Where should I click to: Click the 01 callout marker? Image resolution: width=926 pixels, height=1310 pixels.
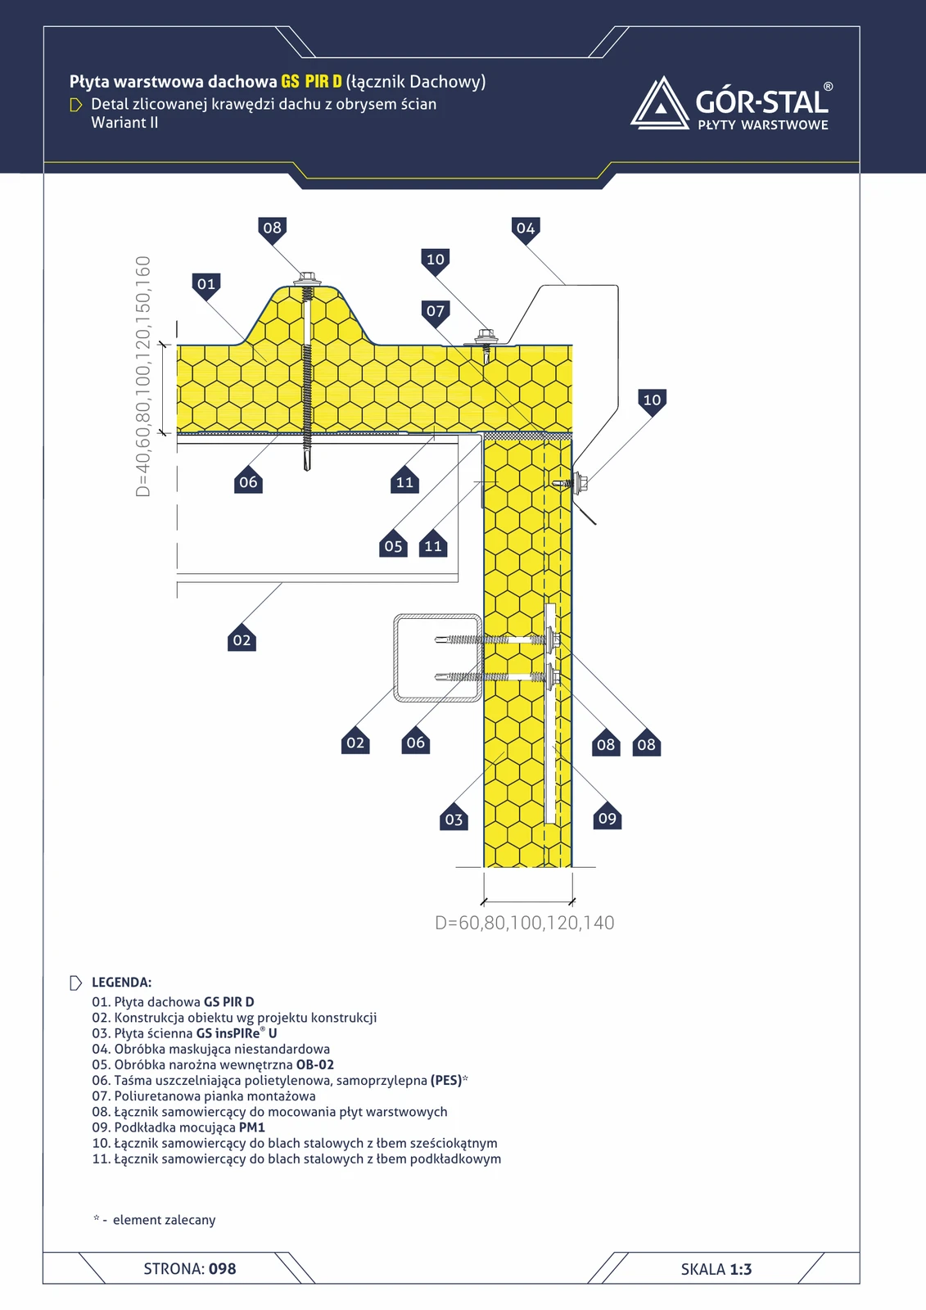tap(206, 286)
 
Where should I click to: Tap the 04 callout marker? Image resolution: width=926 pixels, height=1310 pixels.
tap(526, 229)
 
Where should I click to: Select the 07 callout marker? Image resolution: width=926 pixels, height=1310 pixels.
tap(436, 312)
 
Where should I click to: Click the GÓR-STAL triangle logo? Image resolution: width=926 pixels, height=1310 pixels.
tap(660, 103)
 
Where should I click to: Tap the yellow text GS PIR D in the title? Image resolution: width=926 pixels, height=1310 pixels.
tap(311, 81)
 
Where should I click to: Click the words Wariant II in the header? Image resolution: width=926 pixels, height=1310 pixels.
tap(124, 123)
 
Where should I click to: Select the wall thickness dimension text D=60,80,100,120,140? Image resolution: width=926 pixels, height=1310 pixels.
tap(525, 923)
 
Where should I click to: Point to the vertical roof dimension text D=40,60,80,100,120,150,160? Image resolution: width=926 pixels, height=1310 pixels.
tap(142, 377)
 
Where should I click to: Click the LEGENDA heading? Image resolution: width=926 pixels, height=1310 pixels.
tap(122, 982)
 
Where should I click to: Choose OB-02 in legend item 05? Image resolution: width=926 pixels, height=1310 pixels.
tap(314, 1064)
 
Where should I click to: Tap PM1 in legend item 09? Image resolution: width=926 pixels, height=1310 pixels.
tap(252, 1127)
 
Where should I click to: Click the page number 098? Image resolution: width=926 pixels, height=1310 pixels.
tap(222, 1268)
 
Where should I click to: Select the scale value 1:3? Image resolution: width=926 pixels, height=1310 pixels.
tap(741, 1269)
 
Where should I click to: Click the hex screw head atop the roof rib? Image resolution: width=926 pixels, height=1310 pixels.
tap(307, 278)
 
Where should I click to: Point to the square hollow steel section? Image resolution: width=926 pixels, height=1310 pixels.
tap(437, 657)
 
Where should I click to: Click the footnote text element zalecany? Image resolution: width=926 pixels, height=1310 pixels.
tap(165, 1219)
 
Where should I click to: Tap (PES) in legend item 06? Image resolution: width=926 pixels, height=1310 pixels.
tap(446, 1080)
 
